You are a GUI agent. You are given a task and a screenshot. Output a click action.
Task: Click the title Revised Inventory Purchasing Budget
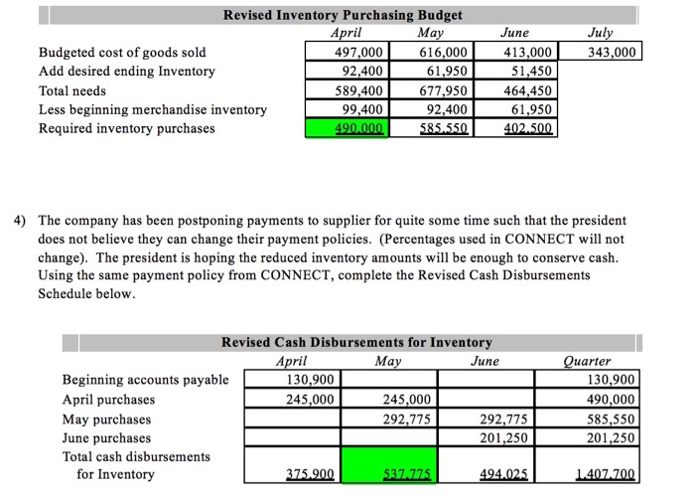coord(343,15)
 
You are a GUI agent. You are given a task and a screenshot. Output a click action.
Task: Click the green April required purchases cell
coord(344,128)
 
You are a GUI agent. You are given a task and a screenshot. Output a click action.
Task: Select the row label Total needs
coord(71,90)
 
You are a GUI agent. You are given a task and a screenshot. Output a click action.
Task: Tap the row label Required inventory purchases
coord(126,128)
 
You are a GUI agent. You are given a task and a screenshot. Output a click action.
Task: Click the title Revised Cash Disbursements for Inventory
coord(356,342)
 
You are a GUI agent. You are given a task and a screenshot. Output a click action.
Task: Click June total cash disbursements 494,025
coord(500,475)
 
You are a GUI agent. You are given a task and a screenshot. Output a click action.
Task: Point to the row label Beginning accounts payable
coord(145,380)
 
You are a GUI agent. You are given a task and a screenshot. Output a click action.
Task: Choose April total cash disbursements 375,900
coord(309,475)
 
